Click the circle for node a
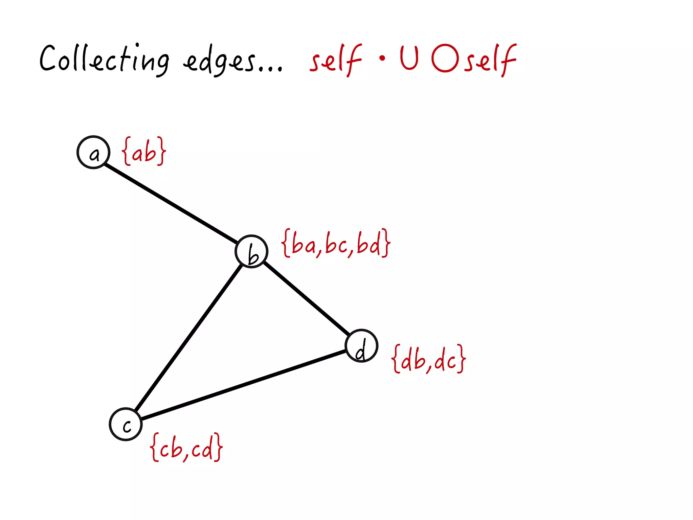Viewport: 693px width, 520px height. click(x=93, y=152)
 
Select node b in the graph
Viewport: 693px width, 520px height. click(x=251, y=251)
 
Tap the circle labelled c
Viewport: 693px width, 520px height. click(x=126, y=424)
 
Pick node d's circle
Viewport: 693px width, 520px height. click(x=361, y=345)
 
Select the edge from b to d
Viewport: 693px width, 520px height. click(x=306, y=298)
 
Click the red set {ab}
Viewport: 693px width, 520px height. click(x=144, y=152)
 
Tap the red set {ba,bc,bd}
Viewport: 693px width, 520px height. click(x=336, y=243)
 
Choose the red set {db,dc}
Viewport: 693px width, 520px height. click(x=429, y=359)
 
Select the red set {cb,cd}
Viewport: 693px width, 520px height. click(x=186, y=447)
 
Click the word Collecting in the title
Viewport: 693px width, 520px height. click(x=104, y=59)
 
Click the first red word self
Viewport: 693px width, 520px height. click(x=336, y=60)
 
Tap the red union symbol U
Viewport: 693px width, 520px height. click(x=409, y=58)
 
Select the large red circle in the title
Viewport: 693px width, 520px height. click(x=445, y=58)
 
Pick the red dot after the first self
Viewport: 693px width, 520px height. click(x=382, y=58)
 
